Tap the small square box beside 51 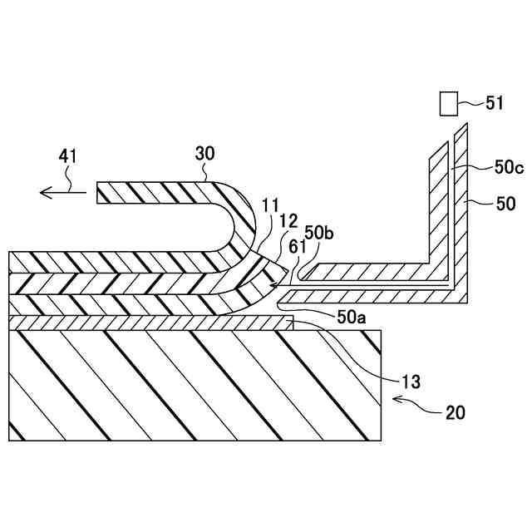point(449,103)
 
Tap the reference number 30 point(204,155)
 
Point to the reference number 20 point(455,411)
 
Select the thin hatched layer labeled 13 point(150,322)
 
